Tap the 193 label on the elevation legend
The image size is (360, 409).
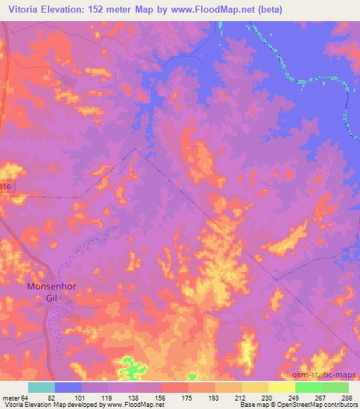point(214,398)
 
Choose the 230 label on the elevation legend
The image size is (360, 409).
point(267,398)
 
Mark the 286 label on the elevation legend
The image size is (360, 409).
point(346,398)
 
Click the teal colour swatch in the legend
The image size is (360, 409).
point(41,387)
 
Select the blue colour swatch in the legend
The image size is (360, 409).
point(68,387)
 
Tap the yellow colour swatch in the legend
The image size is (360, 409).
point(282,387)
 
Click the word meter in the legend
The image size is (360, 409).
point(11,398)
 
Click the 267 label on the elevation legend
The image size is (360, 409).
point(320,398)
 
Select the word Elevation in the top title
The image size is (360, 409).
point(60,8)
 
